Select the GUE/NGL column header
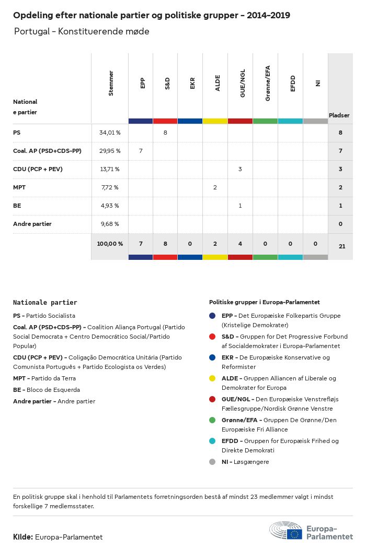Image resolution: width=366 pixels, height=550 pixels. tap(242, 84)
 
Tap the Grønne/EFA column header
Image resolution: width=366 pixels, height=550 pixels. tap(267, 83)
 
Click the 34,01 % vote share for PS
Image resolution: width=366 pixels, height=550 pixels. tap(110, 133)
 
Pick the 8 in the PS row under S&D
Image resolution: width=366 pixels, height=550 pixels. tap(165, 133)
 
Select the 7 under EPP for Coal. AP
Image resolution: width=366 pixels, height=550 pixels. tap(141, 151)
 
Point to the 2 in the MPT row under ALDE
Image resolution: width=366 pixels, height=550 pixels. tap(215, 187)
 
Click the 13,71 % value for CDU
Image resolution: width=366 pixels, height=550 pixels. tap(109, 169)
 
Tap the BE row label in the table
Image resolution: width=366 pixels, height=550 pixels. tap(17, 206)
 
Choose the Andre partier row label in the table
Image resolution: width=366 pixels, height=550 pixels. tap(32, 224)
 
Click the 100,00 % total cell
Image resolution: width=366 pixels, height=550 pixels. tap(110, 244)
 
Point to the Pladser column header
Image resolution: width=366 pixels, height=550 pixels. tap(339, 115)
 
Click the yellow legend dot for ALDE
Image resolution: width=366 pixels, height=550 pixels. tap(212, 378)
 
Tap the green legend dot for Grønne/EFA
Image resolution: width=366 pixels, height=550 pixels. tap(212, 420)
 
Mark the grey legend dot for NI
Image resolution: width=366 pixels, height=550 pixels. tap(212, 462)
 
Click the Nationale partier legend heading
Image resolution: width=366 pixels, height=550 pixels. tap(45, 302)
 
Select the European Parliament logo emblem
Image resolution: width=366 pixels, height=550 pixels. tap(285, 531)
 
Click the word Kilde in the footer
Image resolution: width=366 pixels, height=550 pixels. tap(23, 537)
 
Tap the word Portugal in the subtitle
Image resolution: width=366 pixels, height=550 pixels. tap(32, 31)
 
